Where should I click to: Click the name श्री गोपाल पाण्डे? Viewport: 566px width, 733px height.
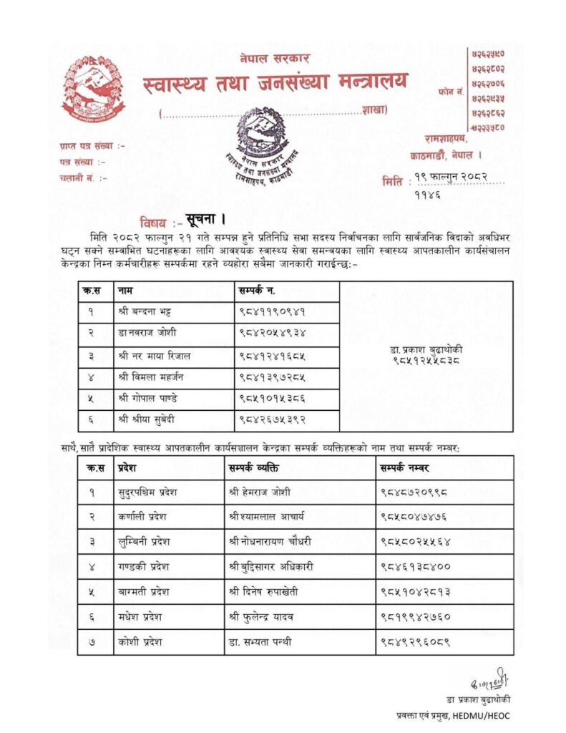[x=147, y=398]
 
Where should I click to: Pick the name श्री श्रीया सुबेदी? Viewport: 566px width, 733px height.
[x=148, y=419]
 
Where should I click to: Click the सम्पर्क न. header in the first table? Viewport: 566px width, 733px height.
[x=257, y=291]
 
